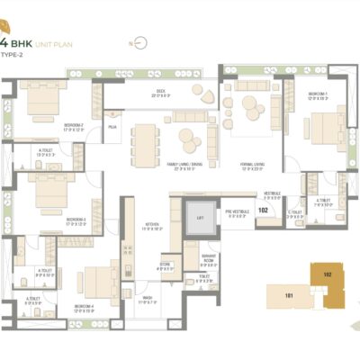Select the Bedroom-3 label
pyautogui.click(x=50, y=219)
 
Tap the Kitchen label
pyautogui.click(x=154, y=227)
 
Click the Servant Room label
pyautogui.click(x=209, y=261)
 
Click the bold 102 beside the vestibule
pyautogui.click(x=263, y=209)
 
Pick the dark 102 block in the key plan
pyautogui.click(x=328, y=273)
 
